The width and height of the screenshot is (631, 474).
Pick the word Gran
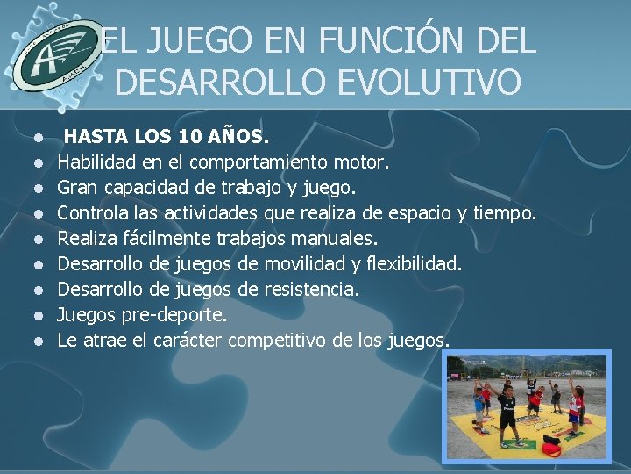[77, 188]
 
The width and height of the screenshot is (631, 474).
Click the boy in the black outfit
[507, 413]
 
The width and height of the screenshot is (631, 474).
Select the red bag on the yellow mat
[551, 449]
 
